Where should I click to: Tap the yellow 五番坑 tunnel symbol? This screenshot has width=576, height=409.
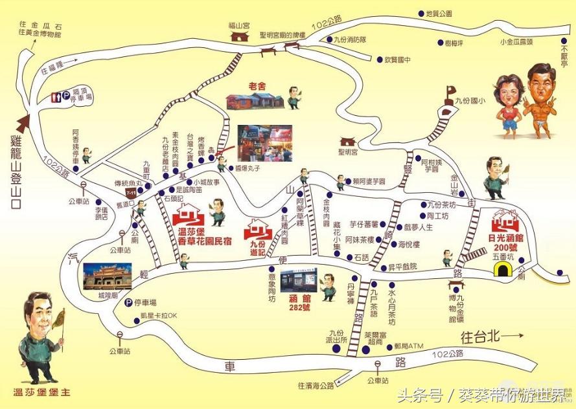pos(501,270)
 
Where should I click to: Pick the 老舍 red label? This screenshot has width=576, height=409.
pos(257,85)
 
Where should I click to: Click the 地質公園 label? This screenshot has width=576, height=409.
pos(439,13)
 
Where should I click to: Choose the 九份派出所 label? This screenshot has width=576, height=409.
pos(337,336)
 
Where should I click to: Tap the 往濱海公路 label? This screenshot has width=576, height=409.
pos(316,386)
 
